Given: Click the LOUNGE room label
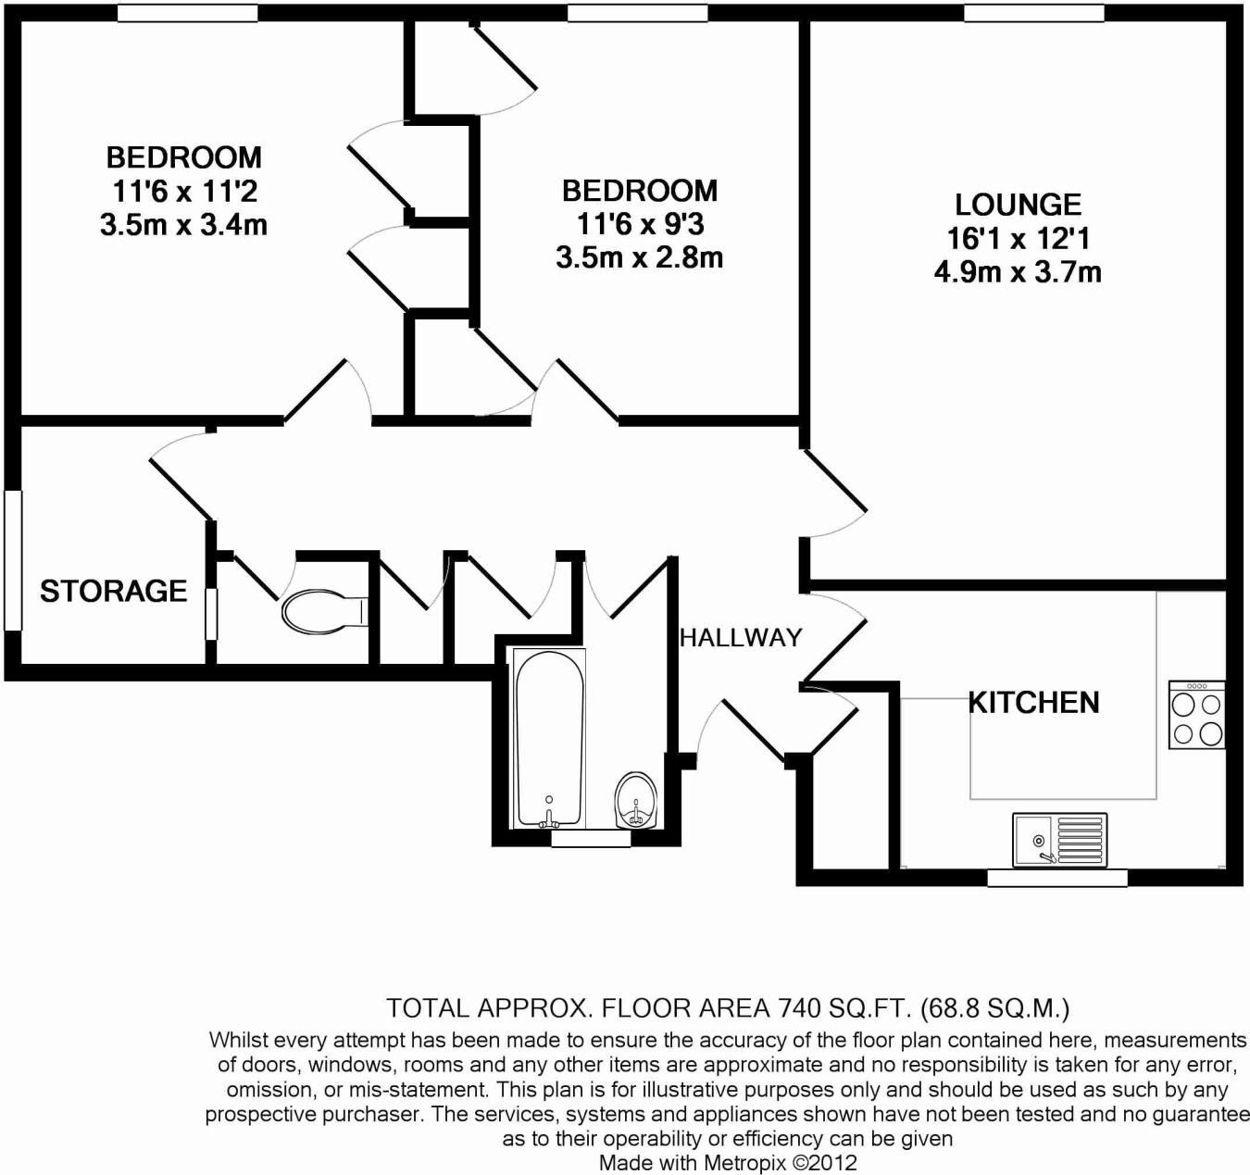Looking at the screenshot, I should [x=1018, y=205].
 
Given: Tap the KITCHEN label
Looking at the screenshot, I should [x=1033, y=703].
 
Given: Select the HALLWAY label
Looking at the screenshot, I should [x=741, y=637].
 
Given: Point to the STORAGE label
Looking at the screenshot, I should [x=113, y=591].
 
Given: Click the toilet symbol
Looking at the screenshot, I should [x=324, y=612].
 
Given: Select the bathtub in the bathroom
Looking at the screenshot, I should [x=549, y=738].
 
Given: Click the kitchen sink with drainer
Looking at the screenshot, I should [x=1059, y=840].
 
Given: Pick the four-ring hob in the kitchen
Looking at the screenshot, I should [x=1197, y=716].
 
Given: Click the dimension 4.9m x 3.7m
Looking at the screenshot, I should [x=1018, y=272].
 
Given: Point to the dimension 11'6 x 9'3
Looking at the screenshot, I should [x=640, y=224].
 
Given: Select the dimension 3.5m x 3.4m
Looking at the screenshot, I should [x=183, y=225].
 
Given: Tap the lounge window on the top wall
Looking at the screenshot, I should [x=1033, y=13].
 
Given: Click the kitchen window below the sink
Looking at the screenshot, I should [x=1056, y=877].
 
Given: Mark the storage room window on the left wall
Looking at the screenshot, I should [x=12, y=560].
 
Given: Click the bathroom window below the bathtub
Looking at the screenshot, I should [x=590, y=838].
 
